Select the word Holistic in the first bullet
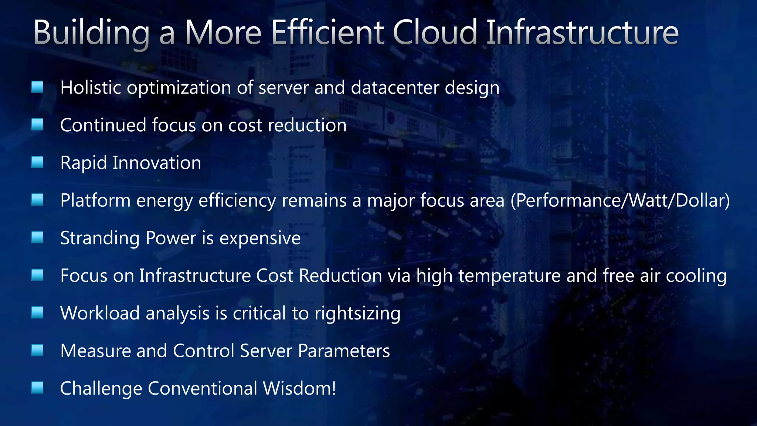point(91,88)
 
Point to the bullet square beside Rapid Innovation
point(37,162)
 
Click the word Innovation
point(157,163)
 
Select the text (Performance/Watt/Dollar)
point(620,201)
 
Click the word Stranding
point(100,239)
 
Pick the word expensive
point(260,239)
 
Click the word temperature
point(510,276)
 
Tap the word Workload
point(100,314)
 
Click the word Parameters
point(344,351)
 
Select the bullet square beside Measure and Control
point(37,350)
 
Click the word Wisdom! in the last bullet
point(299,389)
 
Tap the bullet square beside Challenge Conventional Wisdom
point(37,388)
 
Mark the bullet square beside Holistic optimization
point(37,87)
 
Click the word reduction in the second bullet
point(307,125)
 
